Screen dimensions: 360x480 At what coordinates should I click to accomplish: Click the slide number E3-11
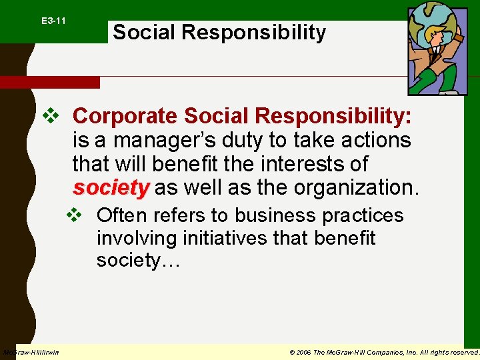[53, 21]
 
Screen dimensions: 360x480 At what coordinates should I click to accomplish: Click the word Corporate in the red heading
[125, 116]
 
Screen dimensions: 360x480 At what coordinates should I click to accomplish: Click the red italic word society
[111, 188]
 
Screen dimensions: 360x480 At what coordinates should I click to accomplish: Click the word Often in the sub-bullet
[119, 216]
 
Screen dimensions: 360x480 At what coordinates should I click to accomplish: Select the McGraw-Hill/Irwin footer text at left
[31, 352]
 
